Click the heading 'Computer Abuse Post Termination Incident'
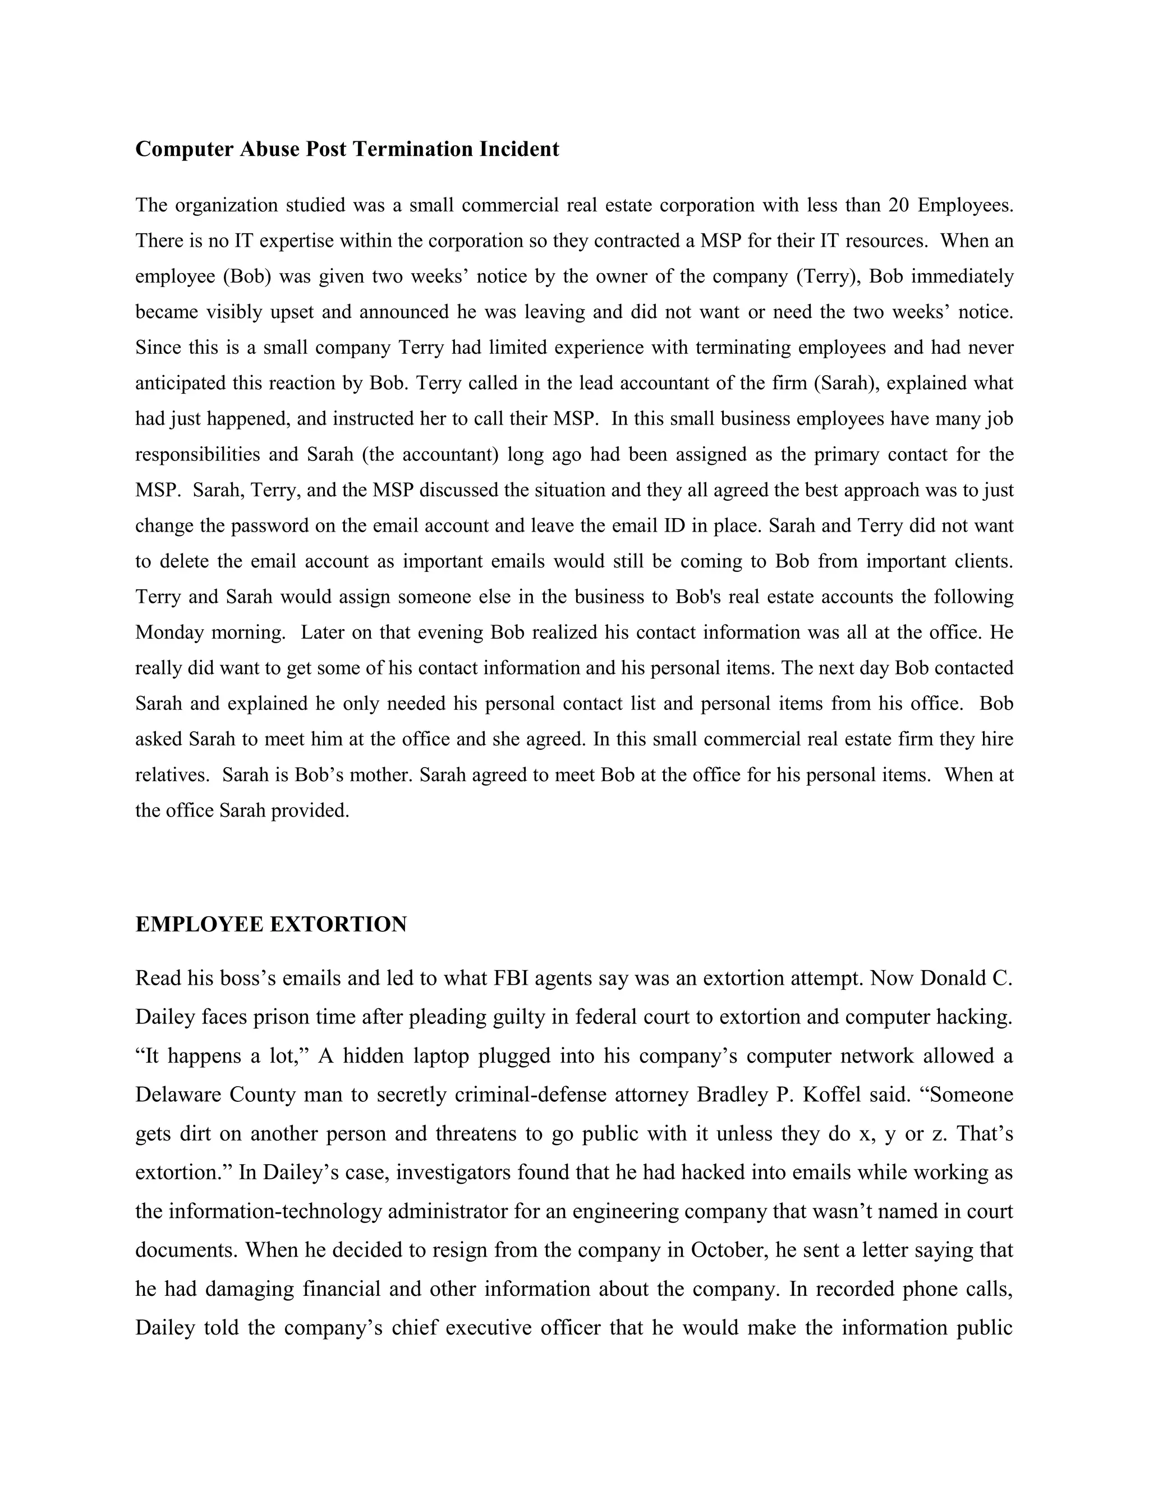[347, 149]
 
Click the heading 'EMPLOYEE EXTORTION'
[271, 925]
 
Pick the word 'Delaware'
[177, 1095]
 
